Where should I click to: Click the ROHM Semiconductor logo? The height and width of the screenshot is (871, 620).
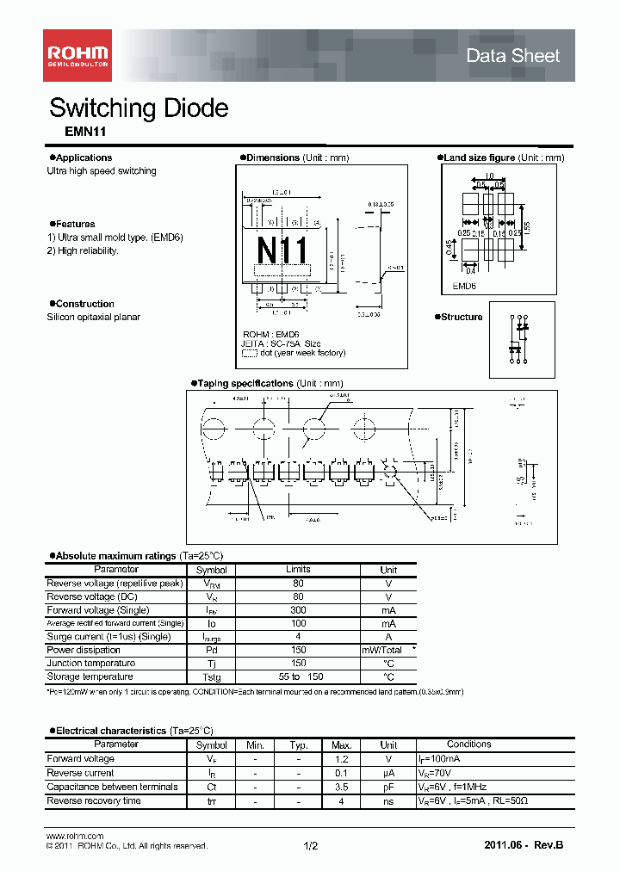pyautogui.click(x=77, y=56)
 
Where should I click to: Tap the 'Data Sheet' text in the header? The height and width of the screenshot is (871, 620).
pyautogui.click(x=512, y=56)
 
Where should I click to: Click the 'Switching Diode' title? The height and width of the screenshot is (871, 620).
pyautogui.click(x=139, y=108)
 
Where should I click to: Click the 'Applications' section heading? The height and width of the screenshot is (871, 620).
pyautogui.click(x=84, y=158)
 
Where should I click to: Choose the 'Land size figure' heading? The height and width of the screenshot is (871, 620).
pyautogui.click(x=479, y=158)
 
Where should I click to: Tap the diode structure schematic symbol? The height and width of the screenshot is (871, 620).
pyautogui.click(x=520, y=338)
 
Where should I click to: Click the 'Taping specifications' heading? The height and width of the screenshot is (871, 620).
pyautogui.click(x=245, y=383)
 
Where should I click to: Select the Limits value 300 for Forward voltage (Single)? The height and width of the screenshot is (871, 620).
pyautogui.click(x=298, y=610)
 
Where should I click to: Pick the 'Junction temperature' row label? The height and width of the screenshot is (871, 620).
pyautogui.click(x=90, y=664)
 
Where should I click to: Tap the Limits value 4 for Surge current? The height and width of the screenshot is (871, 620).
pyautogui.click(x=298, y=637)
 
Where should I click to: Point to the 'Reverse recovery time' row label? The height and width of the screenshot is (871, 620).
pyautogui.click(x=93, y=801)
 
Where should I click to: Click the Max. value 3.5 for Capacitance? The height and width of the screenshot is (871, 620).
pyautogui.click(x=342, y=787)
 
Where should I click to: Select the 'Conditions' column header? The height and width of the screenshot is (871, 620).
pyautogui.click(x=468, y=744)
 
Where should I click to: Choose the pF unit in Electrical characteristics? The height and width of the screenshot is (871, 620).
pyautogui.click(x=388, y=787)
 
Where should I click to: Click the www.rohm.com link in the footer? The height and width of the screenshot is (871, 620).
pyautogui.click(x=74, y=836)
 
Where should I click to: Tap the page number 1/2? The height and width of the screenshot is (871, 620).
pyautogui.click(x=311, y=846)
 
